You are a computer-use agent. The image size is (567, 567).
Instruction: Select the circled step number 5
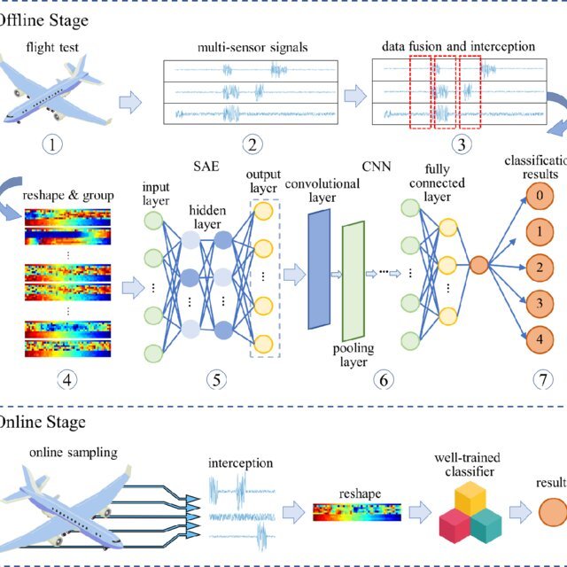click(x=215, y=380)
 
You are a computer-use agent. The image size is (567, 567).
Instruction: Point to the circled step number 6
click(x=383, y=380)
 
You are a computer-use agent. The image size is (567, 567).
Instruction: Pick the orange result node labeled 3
click(x=536, y=302)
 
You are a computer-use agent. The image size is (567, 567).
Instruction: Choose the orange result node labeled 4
click(x=536, y=337)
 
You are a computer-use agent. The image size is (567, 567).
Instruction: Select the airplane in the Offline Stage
click(x=55, y=89)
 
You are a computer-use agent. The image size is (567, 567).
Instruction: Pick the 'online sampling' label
click(x=73, y=454)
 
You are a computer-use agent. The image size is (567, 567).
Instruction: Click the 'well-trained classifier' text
click(x=466, y=465)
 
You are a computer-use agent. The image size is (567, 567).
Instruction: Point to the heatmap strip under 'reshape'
click(x=356, y=512)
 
